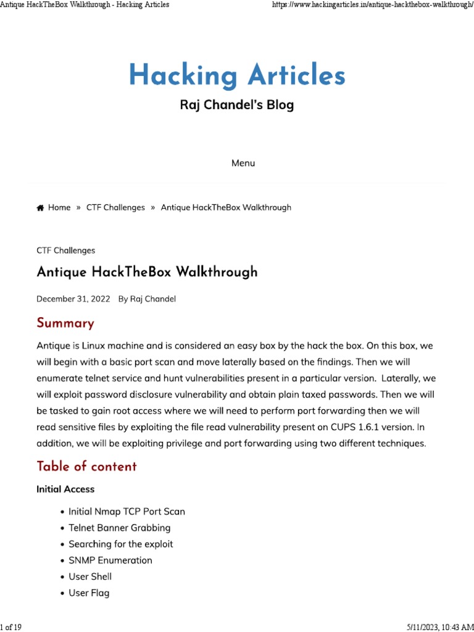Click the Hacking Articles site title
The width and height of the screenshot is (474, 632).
(237, 76)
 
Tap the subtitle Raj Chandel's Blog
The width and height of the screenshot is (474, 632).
(237, 105)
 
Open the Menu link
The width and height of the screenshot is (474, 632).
(243, 163)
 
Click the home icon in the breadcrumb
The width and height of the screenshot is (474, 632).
(40, 208)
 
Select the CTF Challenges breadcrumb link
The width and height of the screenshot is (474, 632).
(115, 207)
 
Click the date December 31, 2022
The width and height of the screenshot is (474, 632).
(73, 299)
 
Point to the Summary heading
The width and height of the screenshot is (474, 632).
(65, 323)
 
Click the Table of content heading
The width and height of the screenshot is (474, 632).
(86, 466)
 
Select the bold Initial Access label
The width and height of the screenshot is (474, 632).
(65, 489)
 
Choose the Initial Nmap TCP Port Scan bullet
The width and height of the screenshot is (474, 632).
(127, 512)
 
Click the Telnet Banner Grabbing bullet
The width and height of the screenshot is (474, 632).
(119, 528)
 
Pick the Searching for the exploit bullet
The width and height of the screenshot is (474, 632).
(120, 544)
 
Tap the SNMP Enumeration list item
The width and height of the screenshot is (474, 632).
(110, 560)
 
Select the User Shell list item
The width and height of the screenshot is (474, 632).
(90, 576)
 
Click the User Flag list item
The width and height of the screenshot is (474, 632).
(89, 593)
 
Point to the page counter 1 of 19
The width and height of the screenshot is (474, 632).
(11, 627)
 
